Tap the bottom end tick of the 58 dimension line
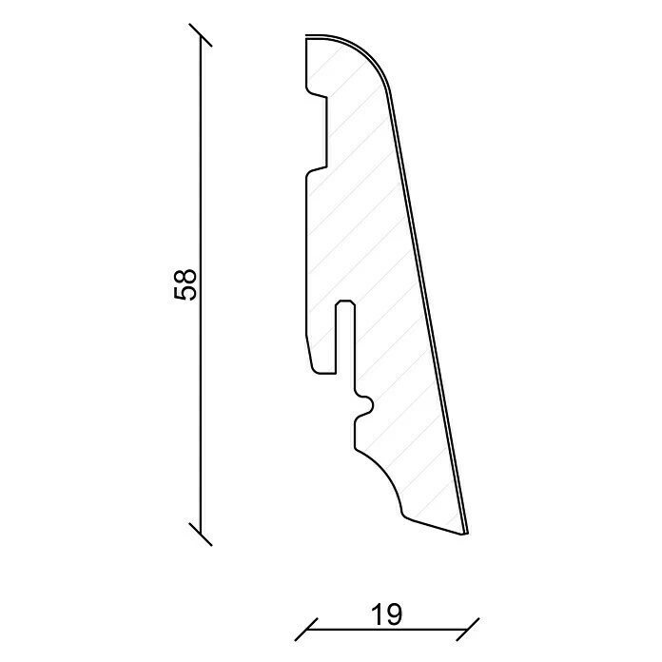pos(199,534)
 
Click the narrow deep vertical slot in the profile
pos(345,338)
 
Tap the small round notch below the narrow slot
pos(366,408)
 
